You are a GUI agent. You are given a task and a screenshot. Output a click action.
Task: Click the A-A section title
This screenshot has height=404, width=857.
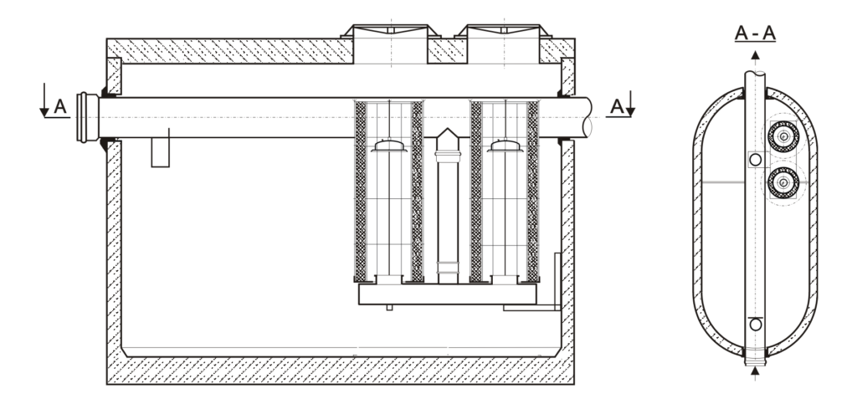click(755, 33)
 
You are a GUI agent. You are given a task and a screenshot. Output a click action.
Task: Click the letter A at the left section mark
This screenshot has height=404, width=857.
click(59, 106)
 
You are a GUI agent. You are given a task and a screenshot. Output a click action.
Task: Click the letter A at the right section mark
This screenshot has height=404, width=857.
click(617, 106)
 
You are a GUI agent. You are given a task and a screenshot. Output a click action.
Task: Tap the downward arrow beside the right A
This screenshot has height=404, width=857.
click(630, 104)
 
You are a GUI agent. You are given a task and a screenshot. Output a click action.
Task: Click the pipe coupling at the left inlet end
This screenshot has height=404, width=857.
click(87, 117)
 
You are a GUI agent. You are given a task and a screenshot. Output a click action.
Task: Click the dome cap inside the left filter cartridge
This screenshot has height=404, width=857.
click(388, 146)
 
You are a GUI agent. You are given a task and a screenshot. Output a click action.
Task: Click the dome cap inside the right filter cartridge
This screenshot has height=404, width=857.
click(505, 146)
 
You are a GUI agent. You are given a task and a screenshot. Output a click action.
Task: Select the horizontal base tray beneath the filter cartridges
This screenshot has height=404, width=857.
click(447, 294)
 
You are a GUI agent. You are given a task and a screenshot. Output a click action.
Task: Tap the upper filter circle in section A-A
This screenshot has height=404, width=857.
click(783, 136)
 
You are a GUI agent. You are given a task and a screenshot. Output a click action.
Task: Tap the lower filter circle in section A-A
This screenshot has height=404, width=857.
click(783, 183)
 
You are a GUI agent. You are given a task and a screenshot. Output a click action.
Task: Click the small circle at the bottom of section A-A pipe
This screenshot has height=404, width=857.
click(756, 325)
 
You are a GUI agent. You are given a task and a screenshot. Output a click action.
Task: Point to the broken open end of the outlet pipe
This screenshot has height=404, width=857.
click(588, 117)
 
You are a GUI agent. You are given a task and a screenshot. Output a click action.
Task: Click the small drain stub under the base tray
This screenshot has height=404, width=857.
click(389, 307)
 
